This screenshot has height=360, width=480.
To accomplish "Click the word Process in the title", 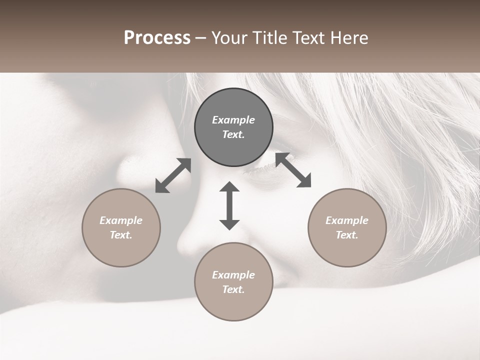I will (x=157, y=38).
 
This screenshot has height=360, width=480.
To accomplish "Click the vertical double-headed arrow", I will (x=229, y=205).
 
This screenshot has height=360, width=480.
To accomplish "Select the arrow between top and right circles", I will (x=293, y=170).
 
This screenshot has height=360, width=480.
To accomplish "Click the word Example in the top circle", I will (x=233, y=120).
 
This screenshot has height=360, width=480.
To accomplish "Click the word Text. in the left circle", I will (x=121, y=235).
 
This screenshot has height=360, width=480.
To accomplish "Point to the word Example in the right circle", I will (x=347, y=220).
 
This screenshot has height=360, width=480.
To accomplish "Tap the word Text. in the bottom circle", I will (x=233, y=289).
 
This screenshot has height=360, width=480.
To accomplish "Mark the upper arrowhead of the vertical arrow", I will (x=229, y=187).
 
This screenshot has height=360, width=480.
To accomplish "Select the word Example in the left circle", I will (x=121, y=220).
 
